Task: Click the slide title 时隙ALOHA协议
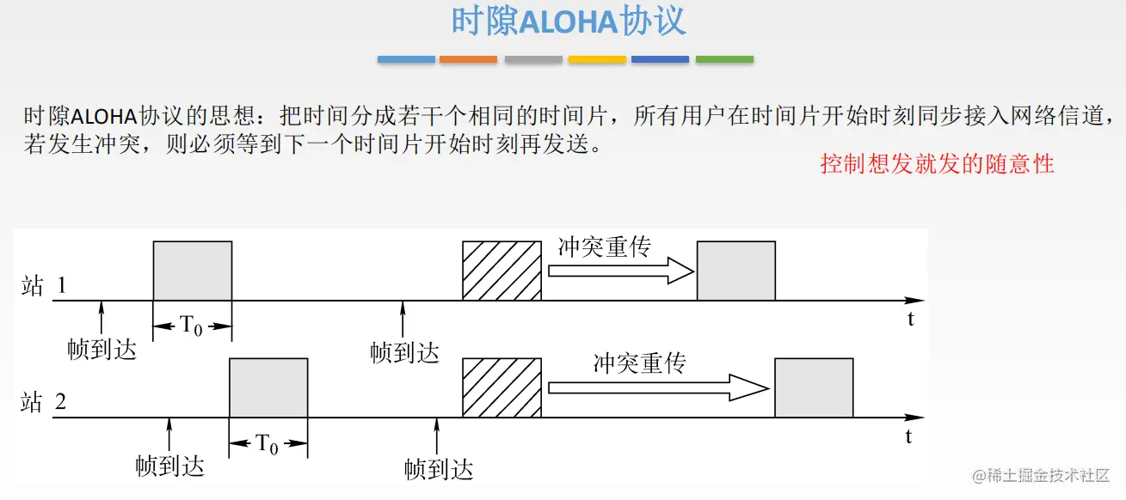click(x=569, y=22)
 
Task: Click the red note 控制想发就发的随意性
click(x=937, y=163)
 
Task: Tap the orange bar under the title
click(x=468, y=59)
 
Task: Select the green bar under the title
click(x=724, y=59)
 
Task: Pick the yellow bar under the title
click(x=597, y=59)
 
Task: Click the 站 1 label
click(x=44, y=286)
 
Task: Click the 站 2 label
click(x=44, y=402)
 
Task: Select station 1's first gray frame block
click(x=193, y=271)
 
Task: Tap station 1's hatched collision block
click(x=502, y=271)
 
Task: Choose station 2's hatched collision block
click(x=502, y=387)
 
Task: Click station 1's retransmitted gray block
click(x=736, y=271)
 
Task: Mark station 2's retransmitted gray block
click(x=814, y=387)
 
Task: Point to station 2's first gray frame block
click(x=268, y=387)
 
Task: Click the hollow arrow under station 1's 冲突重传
click(x=620, y=271)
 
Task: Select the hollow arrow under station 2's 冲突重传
click(x=657, y=387)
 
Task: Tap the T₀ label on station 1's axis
click(x=192, y=326)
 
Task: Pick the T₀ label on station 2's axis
click(x=268, y=445)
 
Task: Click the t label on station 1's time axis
click(x=910, y=320)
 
